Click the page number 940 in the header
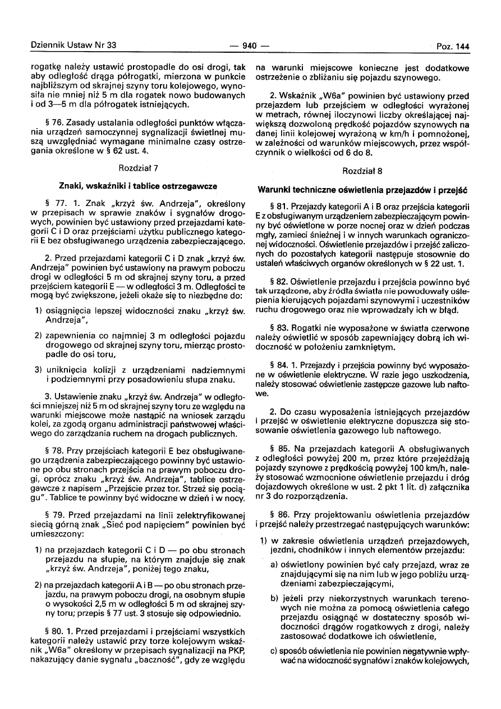tap(250, 46)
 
